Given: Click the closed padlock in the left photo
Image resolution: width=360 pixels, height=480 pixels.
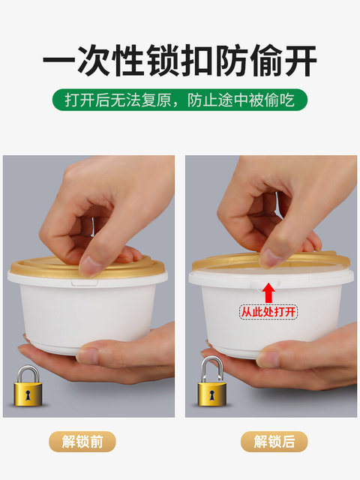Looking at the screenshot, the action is (28, 386).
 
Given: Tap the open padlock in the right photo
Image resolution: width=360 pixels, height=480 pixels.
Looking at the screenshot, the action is (211, 382).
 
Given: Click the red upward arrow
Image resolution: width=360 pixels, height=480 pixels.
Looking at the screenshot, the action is (268, 292).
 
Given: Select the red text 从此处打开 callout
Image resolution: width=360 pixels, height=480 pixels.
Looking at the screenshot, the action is (268, 312).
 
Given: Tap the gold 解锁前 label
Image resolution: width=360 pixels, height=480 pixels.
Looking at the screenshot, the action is (82, 442).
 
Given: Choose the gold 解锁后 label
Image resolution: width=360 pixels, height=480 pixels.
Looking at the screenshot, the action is (274, 442).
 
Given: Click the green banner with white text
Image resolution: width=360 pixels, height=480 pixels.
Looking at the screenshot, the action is (180, 100).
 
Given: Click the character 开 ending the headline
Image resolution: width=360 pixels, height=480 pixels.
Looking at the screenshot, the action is (301, 60).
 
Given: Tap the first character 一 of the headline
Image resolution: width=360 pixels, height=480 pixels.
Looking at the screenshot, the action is (59, 60).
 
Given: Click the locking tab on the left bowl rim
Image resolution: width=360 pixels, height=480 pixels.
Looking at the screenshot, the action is (85, 283).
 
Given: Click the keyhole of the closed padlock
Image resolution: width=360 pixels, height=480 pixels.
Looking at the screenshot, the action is (28, 395).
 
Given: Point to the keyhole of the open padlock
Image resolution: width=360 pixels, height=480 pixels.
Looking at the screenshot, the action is (211, 395).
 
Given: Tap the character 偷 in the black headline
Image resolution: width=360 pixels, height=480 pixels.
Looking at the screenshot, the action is (266, 60).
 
